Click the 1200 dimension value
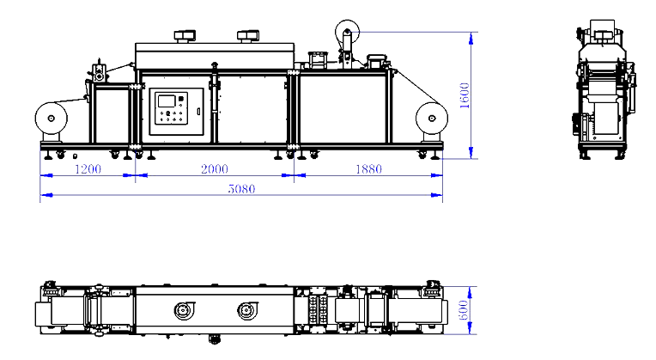coord(88,169)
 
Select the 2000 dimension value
coord(215,169)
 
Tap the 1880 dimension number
coord(367,169)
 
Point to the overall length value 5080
coord(240,189)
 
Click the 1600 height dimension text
coord(465,95)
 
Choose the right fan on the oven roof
coord(248,36)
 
